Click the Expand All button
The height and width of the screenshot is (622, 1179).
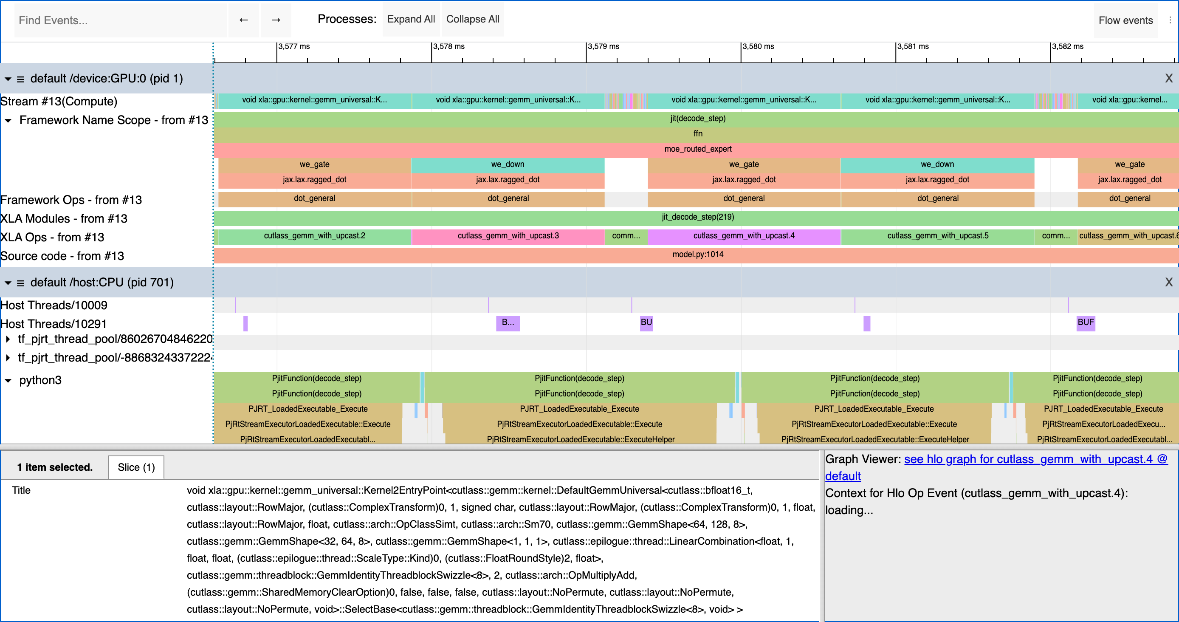[x=411, y=19]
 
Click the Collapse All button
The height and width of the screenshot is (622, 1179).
[x=472, y=19]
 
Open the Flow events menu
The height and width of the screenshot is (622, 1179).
[x=1125, y=20]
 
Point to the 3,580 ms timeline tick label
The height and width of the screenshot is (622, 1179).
[x=758, y=46]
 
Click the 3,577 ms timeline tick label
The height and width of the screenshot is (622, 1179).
[x=294, y=46]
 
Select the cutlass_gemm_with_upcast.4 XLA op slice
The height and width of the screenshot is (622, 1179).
[x=743, y=236]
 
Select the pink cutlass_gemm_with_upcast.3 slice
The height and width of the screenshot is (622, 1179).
[x=508, y=236]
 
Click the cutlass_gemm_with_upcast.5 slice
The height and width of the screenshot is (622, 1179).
[x=937, y=236]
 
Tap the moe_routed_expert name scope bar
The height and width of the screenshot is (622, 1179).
[x=697, y=149]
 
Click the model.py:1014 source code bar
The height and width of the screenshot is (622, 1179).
[x=697, y=254]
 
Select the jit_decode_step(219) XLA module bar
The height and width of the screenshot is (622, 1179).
[x=697, y=217]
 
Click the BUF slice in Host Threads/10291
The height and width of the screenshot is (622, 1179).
[x=1085, y=322]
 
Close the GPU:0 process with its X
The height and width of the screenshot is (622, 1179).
[x=1168, y=79]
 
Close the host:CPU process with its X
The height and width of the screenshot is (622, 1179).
[x=1168, y=283]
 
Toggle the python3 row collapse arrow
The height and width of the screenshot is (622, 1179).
[x=8, y=380]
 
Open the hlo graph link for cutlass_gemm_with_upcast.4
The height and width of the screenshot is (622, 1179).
[x=1035, y=459]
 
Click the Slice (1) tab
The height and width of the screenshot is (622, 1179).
[x=136, y=467]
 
